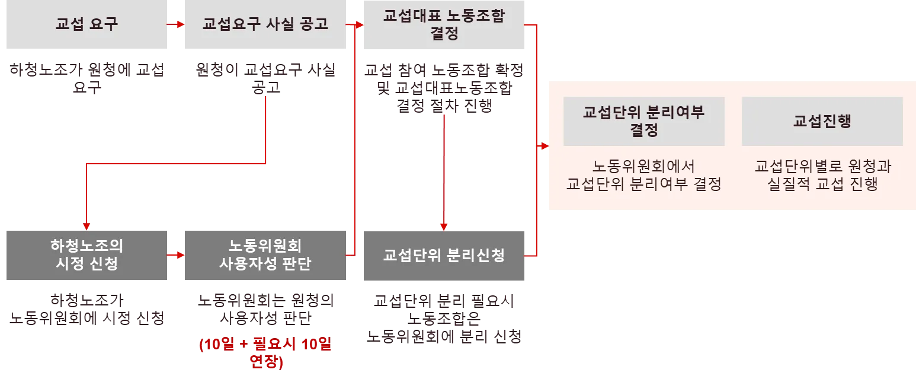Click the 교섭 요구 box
click(87, 26)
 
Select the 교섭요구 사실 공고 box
click(265, 26)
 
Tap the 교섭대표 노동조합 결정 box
click(443, 26)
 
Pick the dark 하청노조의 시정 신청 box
click(87, 254)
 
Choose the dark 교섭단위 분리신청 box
click(443, 255)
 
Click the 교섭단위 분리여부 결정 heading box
click(643, 121)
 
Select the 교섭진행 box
click(822, 121)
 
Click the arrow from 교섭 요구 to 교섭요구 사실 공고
click(177, 25)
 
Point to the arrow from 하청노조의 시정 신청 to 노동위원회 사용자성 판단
click(177, 255)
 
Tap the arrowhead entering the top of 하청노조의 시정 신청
click(87, 225)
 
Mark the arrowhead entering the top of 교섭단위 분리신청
click(444, 226)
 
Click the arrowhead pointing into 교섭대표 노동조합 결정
click(357, 25)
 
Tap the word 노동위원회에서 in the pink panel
click(643, 166)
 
